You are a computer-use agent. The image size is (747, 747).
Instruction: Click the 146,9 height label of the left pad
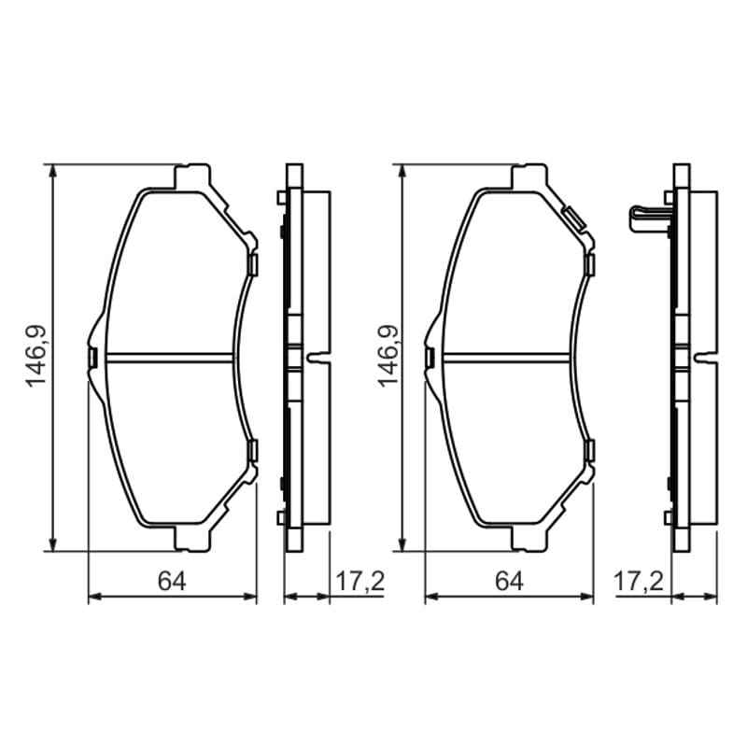[36, 357]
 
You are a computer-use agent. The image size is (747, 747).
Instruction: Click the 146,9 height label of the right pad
[388, 357]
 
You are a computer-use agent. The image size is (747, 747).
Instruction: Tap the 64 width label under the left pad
[172, 581]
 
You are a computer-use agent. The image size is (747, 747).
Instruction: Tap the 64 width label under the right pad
[509, 581]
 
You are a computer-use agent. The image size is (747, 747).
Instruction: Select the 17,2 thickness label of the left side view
[359, 581]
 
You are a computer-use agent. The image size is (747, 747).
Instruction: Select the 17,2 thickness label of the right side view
[639, 581]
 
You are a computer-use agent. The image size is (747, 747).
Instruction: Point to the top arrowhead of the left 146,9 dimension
[53, 172]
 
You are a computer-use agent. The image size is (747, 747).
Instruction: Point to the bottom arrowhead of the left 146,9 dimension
[53, 544]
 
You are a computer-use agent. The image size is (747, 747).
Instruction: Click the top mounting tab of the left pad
[192, 177]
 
